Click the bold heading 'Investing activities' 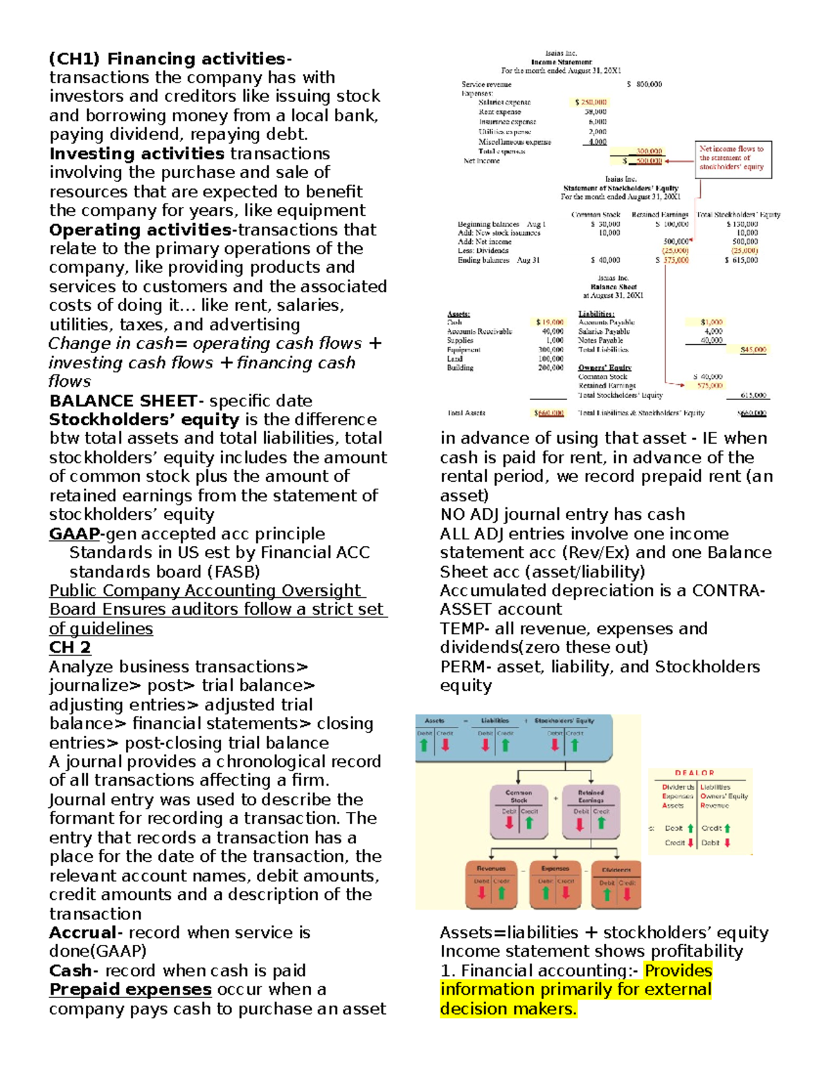pos(136,154)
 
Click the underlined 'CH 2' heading pos(70,647)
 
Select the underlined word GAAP pos(74,534)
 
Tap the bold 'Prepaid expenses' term pos(130,989)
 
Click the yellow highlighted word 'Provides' pos(678,970)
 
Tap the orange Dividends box pos(616,884)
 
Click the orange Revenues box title pos(491,868)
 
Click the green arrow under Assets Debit pos(424,746)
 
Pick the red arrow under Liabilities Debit pos(485,746)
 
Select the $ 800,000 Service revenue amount pos(644,84)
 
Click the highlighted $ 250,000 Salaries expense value pos(591,102)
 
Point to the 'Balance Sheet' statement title pos(614,287)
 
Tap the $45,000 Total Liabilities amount pos(753,350)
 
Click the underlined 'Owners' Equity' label pos(605,368)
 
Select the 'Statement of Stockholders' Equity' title pos(620,188)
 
